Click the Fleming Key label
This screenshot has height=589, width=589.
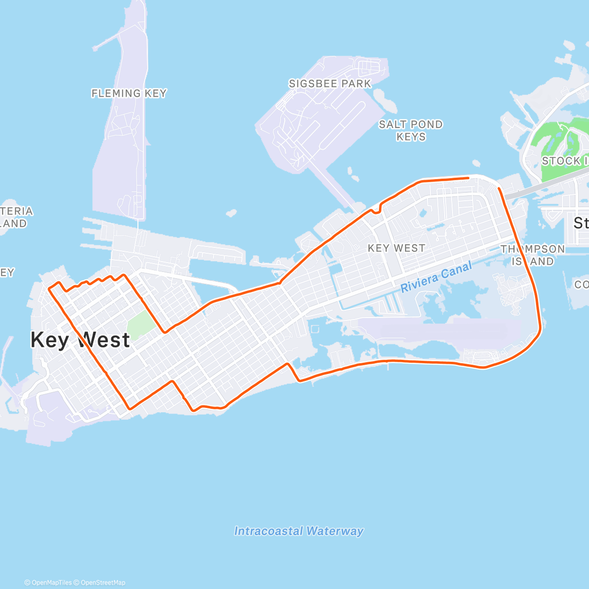point(129,93)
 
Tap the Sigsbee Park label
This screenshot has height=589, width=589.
point(330,84)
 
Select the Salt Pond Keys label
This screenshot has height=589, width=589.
point(411,131)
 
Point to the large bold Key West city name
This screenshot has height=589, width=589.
point(80,340)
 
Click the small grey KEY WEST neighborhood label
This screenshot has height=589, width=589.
point(397,248)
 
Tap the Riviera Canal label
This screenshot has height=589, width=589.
point(436,277)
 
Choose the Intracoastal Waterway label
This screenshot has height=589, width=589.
point(299,531)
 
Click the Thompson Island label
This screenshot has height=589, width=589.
point(533,255)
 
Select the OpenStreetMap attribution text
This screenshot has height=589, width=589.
point(103,583)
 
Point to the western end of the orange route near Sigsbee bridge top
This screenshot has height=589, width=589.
point(468,178)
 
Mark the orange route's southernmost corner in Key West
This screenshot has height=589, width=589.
point(130,408)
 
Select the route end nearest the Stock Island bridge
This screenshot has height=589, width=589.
point(499,188)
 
